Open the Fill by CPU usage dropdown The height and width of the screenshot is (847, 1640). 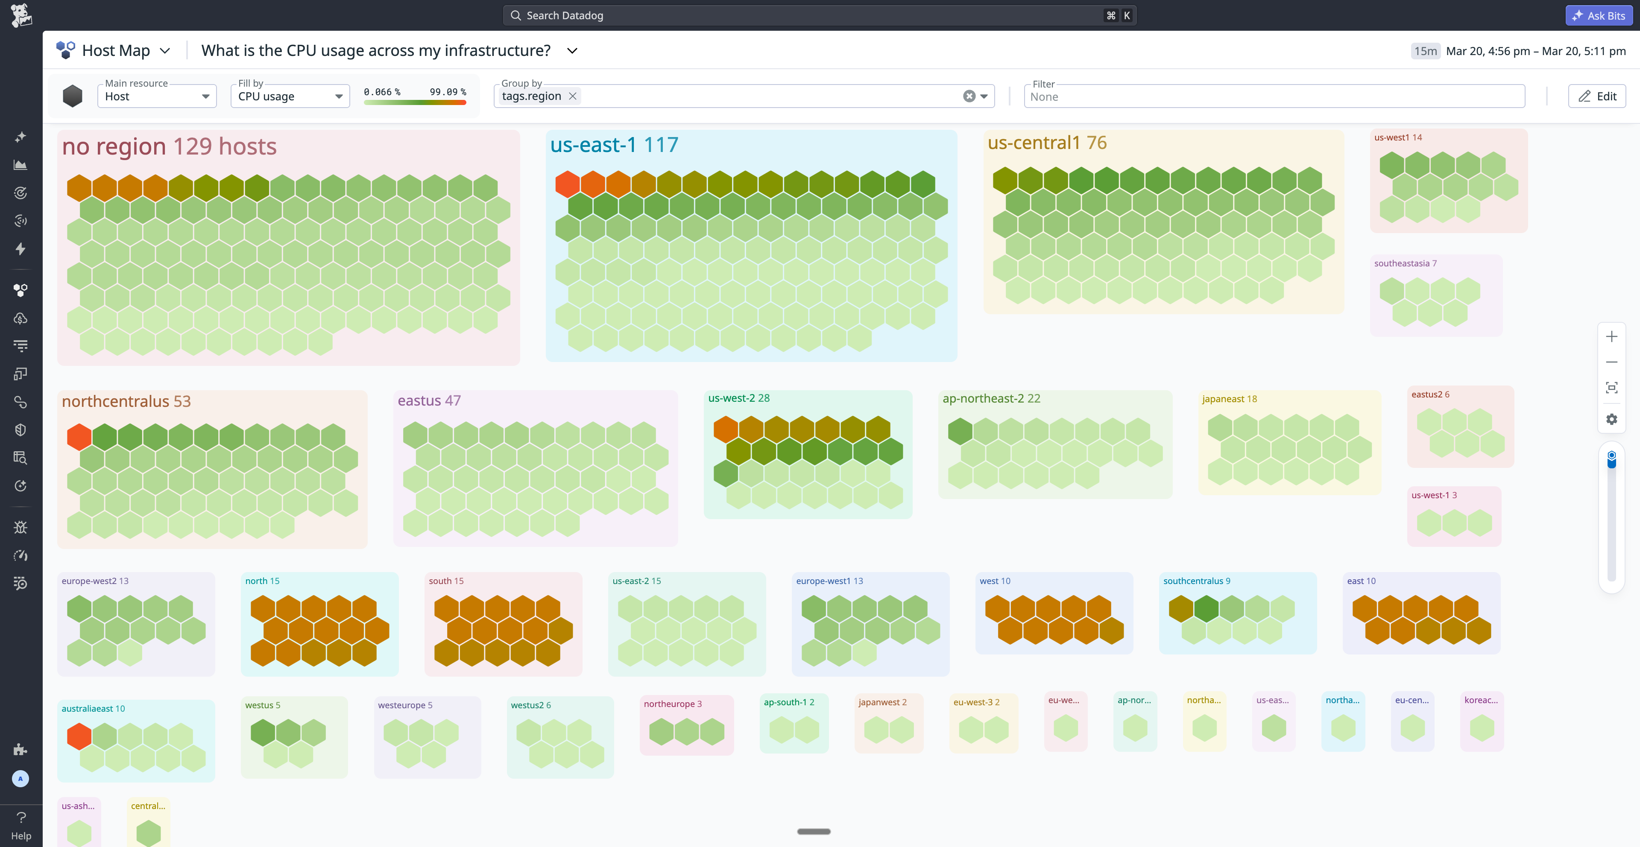pyautogui.click(x=290, y=96)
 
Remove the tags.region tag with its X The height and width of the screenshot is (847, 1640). pyautogui.click(x=572, y=96)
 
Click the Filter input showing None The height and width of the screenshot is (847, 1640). pyautogui.click(x=1273, y=97)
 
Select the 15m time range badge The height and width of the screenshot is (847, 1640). pyautogui.click(x=1425, y=51)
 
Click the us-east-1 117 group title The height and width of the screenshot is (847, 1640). pyautogui.click(x=614, y=145)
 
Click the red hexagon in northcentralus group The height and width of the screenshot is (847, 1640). pyautogui.click(x=79, y=437)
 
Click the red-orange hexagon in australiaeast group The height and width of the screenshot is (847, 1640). pyautogui.click(x=79, y=736)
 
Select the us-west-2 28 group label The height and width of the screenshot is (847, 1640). pyautogui.click(x=738, y=398)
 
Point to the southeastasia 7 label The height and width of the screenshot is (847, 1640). pyautogui.click(x=1405, y=263)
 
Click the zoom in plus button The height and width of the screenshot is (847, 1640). pyautogui.click(x=1611, y=337)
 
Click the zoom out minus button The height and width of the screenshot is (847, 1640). pyautogui.click(x=1611, y=362)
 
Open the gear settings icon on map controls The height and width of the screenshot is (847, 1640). pyautogui.click(x=1611, y=419)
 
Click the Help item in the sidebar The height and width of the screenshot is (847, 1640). pyautogui.click(x=21, y=825)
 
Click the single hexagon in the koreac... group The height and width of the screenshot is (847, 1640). pyautogui.click(x=1482, y=728)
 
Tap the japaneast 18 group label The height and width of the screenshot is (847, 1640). pyautogui.click(x=1229, y=399)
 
